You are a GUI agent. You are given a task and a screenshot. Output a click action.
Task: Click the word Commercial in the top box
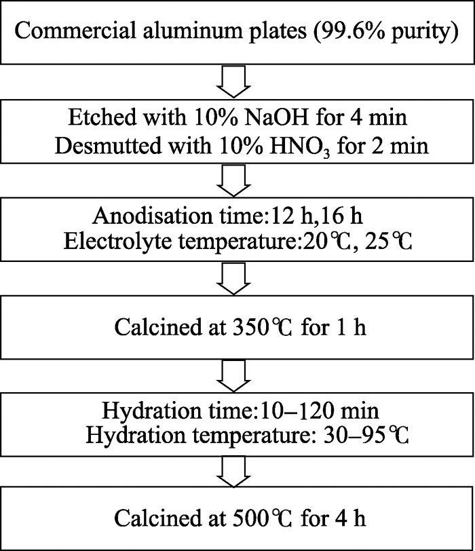pyautogui.click(x=75, y=31)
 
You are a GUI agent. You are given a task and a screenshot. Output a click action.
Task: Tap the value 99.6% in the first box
pyautogui.click(x=351, y=31)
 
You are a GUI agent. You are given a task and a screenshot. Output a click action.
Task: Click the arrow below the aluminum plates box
pyautogui.click(x=233, y=81)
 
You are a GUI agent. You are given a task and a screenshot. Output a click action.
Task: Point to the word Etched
pyautogui.click(x=102, y=117)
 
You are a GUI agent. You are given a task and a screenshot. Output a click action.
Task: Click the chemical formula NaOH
pyautogui.click(x=275, y=117)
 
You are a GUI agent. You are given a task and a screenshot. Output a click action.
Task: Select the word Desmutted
pyautogui.click(x=108, y=146)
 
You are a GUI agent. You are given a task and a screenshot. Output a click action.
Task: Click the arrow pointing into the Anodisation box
pyautogui.click(x=233, y=180)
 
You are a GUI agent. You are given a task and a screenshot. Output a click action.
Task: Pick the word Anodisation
pyautogui.click(x=153, y=215)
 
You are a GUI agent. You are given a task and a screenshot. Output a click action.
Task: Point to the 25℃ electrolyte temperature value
pyautogui.click(x=388, y=242)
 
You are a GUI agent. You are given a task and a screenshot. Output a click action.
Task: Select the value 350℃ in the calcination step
pyautogui.click(x=262, y=327)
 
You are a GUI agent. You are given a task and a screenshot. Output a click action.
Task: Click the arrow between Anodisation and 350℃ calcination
pyautogui.click(x=233, y=279)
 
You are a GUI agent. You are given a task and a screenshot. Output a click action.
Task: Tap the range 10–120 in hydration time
pyautogui.click(x=297, y=411)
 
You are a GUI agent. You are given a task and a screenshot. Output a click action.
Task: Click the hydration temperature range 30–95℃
pyautogui.click(x=366, y=436)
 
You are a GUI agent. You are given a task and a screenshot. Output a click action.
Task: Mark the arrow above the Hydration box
pyautogui.click(x=233, y=377)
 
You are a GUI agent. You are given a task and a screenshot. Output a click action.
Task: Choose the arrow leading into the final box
pyautogui.click(x=233, y=472)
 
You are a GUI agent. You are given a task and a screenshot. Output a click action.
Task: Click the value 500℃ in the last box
pyautogui.click(x=262, y=518)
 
